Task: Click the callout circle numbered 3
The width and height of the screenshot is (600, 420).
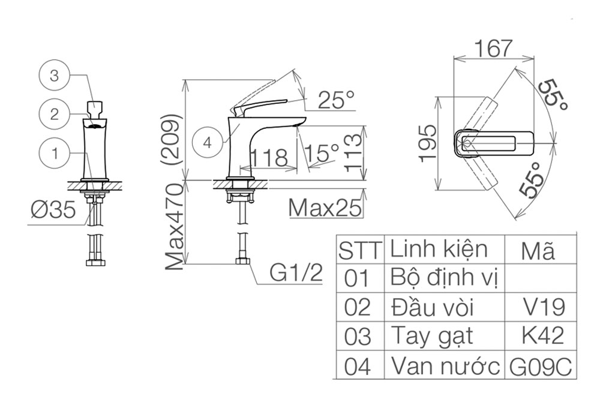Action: [x=55, y=76]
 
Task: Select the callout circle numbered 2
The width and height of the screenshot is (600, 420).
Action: [x=55, y=114]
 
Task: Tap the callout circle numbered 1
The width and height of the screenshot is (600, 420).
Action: [x=55, y=154]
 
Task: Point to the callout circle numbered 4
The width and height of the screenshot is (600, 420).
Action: [x=208, y=143]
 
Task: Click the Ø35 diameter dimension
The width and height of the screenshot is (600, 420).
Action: [x=53, y=210]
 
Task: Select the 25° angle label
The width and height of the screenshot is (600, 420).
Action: [x=337, y=100]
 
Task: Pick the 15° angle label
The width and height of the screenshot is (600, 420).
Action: [x=322, y=152]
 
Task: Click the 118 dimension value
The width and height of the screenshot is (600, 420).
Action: [x=269, y=157]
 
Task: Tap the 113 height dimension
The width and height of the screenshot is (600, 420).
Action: [x=353, y=152]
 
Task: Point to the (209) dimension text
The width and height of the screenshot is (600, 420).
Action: [x=171, y=139]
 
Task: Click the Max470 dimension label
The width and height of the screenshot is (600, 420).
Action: [x=175, y=227]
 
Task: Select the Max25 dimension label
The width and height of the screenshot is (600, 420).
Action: [x=325, y=208]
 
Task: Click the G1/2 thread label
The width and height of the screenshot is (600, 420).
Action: [x=296, y=273]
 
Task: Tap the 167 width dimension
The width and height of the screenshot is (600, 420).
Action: [x=493, y=49]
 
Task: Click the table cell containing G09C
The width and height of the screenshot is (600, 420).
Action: [x=541, y=365]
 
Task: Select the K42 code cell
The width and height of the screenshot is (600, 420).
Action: [x=541, y=336]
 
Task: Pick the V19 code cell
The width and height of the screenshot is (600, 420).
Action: [x=541, y=307]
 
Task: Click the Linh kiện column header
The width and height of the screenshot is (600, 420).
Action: [x=439, y=250]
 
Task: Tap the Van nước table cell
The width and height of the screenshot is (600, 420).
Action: [x=445, y=365]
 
